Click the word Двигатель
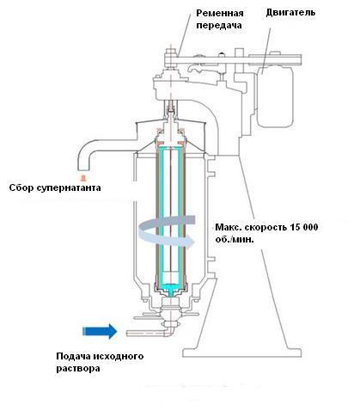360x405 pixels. pos(290,13)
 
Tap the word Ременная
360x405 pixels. pos(220,13)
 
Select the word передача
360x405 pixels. pos(219,26)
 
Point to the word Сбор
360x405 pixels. pos(21,187)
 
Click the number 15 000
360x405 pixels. pos(304,227)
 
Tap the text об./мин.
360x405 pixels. pos(235,239)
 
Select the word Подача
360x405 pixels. pos(73,357)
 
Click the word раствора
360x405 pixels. pos(78,369)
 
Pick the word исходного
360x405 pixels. pos(119,357)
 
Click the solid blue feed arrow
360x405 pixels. pos(100,331)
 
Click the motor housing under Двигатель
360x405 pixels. pos(275,96)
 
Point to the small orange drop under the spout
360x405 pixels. pos(83,178)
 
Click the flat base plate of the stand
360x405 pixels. pos(242,353)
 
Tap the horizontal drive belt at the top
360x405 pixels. pos(233,60)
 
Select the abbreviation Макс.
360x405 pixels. pos(227,227)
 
